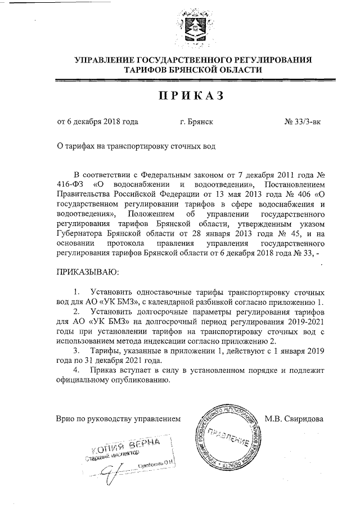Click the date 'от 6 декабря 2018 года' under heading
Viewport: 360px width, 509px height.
point(97,121)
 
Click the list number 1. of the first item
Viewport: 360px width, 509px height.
point(77,293)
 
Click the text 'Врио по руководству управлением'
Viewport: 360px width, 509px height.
point(119,418)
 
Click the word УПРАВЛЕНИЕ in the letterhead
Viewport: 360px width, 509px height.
point(108,59)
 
